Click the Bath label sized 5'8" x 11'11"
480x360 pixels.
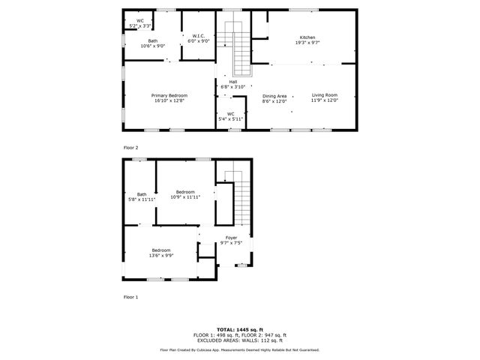pos(142,196)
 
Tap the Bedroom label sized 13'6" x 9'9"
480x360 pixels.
pos(161,253)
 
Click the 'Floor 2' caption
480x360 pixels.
pos(131,148)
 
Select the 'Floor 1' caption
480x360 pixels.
pos(131,297)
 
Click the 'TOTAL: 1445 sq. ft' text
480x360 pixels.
pos(239,329)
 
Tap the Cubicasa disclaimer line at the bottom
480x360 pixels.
pos(239,349)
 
